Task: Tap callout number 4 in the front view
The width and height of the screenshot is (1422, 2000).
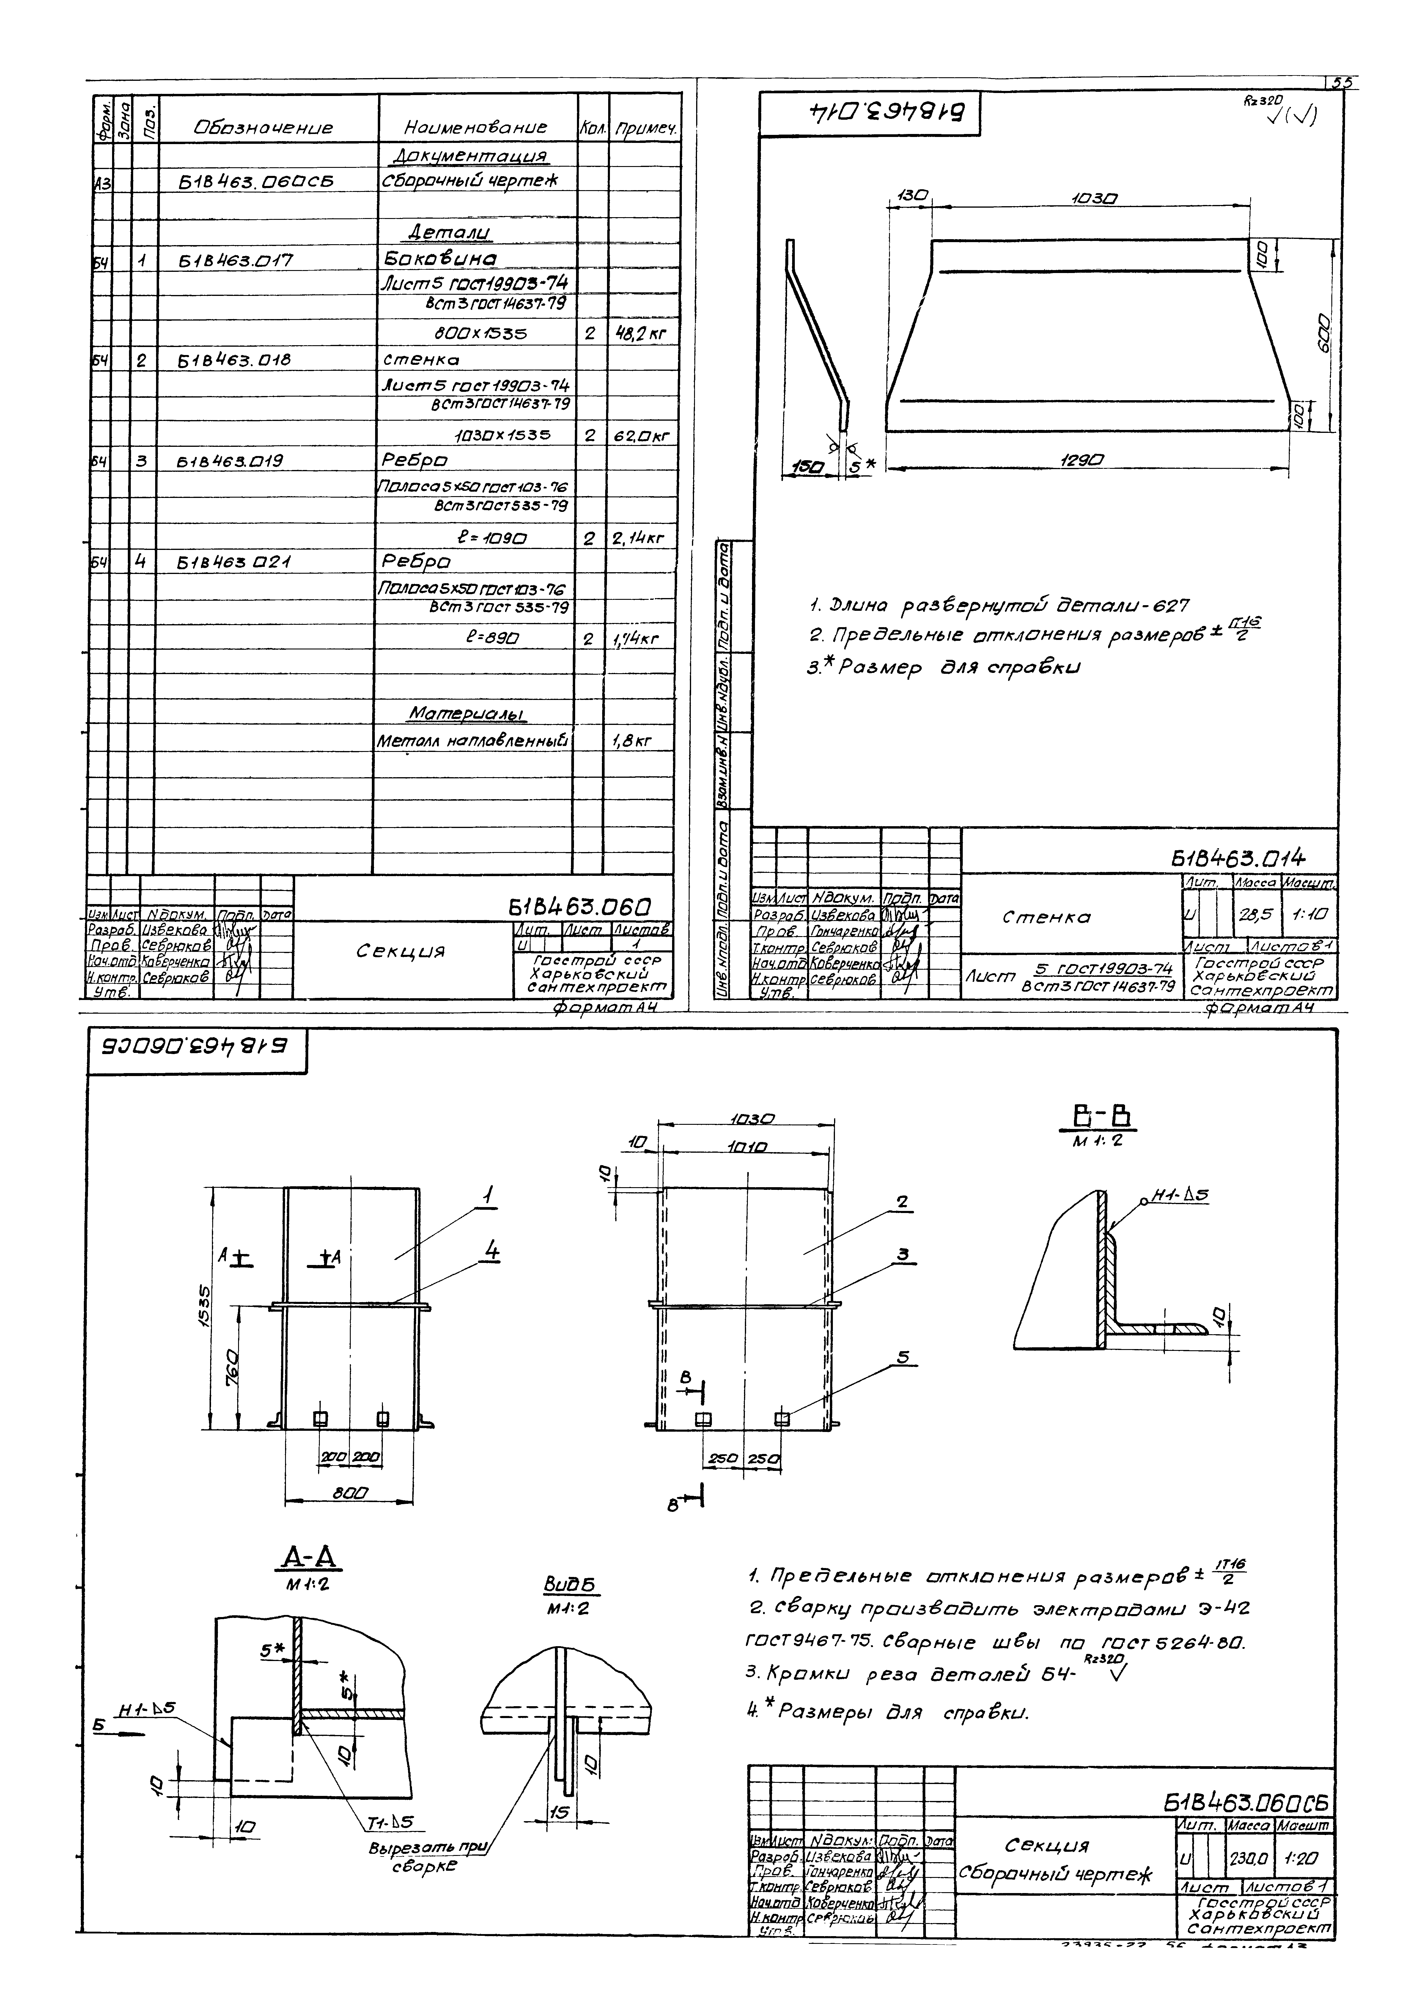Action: click(492, 1253)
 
